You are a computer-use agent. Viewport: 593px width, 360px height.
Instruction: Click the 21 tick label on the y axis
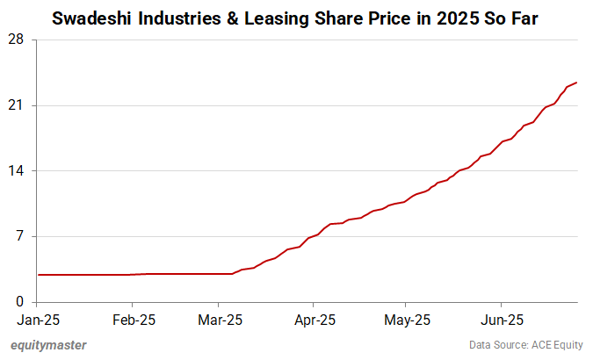[16, 106]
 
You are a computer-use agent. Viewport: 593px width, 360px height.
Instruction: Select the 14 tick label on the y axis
[16, 171]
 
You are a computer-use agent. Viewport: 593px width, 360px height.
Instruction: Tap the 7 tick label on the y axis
[19, 237]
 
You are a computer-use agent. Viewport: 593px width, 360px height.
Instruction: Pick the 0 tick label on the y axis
[19, 302]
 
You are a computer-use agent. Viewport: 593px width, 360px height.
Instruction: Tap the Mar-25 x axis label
[220, 320]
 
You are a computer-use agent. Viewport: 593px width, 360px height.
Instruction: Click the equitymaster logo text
[49, 345]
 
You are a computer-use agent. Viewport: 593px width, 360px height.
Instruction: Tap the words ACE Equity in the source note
[555, 345]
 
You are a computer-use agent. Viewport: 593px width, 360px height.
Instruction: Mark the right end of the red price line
[576, 83]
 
